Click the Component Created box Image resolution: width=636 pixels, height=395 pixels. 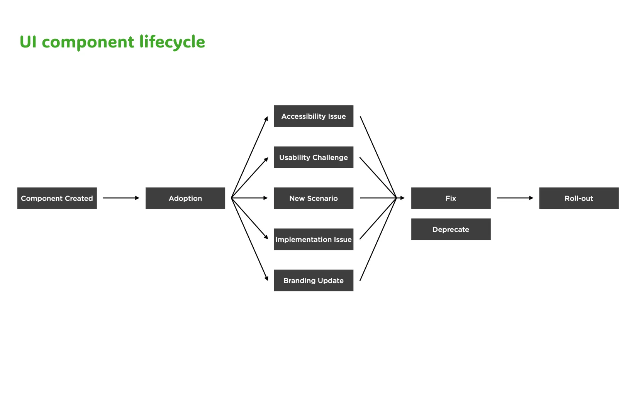(57, 198)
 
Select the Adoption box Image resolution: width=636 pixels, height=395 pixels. (185, 198)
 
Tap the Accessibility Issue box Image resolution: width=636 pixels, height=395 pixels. (313, 116)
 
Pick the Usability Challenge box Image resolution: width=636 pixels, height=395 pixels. (313, 157)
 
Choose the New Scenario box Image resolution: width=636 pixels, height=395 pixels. (313, 198)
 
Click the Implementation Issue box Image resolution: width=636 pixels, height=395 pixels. (313, 240)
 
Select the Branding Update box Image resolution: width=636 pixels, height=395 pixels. (313, 280)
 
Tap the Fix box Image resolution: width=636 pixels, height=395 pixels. (451, 198)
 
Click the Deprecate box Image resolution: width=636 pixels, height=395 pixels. (451, 230)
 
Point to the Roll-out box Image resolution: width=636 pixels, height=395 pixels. (578, 198)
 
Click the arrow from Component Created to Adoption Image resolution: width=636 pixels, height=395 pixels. (120, 198)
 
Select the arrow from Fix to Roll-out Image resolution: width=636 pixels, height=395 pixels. (515, 198)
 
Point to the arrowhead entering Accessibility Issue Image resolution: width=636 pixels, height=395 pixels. (266, 119)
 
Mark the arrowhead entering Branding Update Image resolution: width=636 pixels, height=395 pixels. (266, 278)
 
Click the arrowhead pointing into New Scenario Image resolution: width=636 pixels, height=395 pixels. (265, 198)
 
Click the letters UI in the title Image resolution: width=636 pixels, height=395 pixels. (28, 42)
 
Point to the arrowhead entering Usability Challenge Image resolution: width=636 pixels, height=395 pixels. (266, 159)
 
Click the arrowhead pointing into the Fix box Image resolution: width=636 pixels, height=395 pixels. (402, 198)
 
